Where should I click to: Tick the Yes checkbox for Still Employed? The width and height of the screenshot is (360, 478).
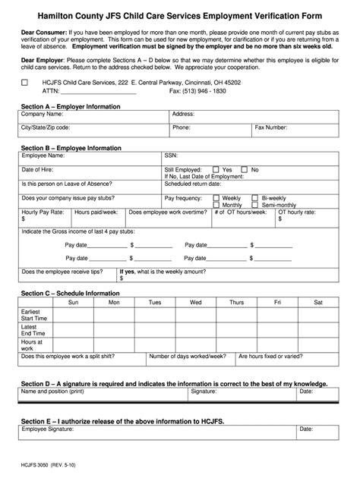[x=216, y=169]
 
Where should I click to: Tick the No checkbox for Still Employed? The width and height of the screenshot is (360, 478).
[x=245, y=169]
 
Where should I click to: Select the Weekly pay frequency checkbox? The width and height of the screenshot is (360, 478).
[x=216, y=197]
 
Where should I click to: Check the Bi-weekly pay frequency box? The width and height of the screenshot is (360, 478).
[x=255, y=197]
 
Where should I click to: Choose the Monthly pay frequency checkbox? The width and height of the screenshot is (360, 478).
[x=216, y=205]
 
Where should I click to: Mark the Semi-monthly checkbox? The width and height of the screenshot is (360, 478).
[x=255, y=205]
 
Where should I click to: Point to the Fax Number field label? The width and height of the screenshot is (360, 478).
[x=270, y=127]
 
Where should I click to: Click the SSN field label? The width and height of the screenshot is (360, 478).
[x=171, y=156]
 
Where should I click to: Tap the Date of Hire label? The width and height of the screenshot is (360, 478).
[x=38, y=169]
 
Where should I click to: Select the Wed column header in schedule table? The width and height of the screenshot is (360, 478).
[x=196, y=302]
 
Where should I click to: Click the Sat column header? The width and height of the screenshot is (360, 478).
[x=317, y=302]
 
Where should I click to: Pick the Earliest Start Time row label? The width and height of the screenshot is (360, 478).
[x=35, y=315]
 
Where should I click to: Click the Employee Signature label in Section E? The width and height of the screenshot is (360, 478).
[x=47, y=429]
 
